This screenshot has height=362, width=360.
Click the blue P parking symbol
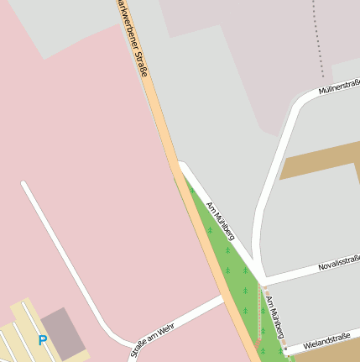42,340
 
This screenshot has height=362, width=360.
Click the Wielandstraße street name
326,339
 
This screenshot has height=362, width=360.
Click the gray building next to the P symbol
60,328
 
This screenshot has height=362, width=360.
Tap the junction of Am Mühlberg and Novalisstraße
263,280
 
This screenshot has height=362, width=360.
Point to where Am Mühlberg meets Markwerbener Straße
179,163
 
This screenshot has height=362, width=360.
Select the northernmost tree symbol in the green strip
191,191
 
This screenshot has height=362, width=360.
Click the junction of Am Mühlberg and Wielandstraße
286,347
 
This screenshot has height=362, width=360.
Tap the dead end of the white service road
24,184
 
